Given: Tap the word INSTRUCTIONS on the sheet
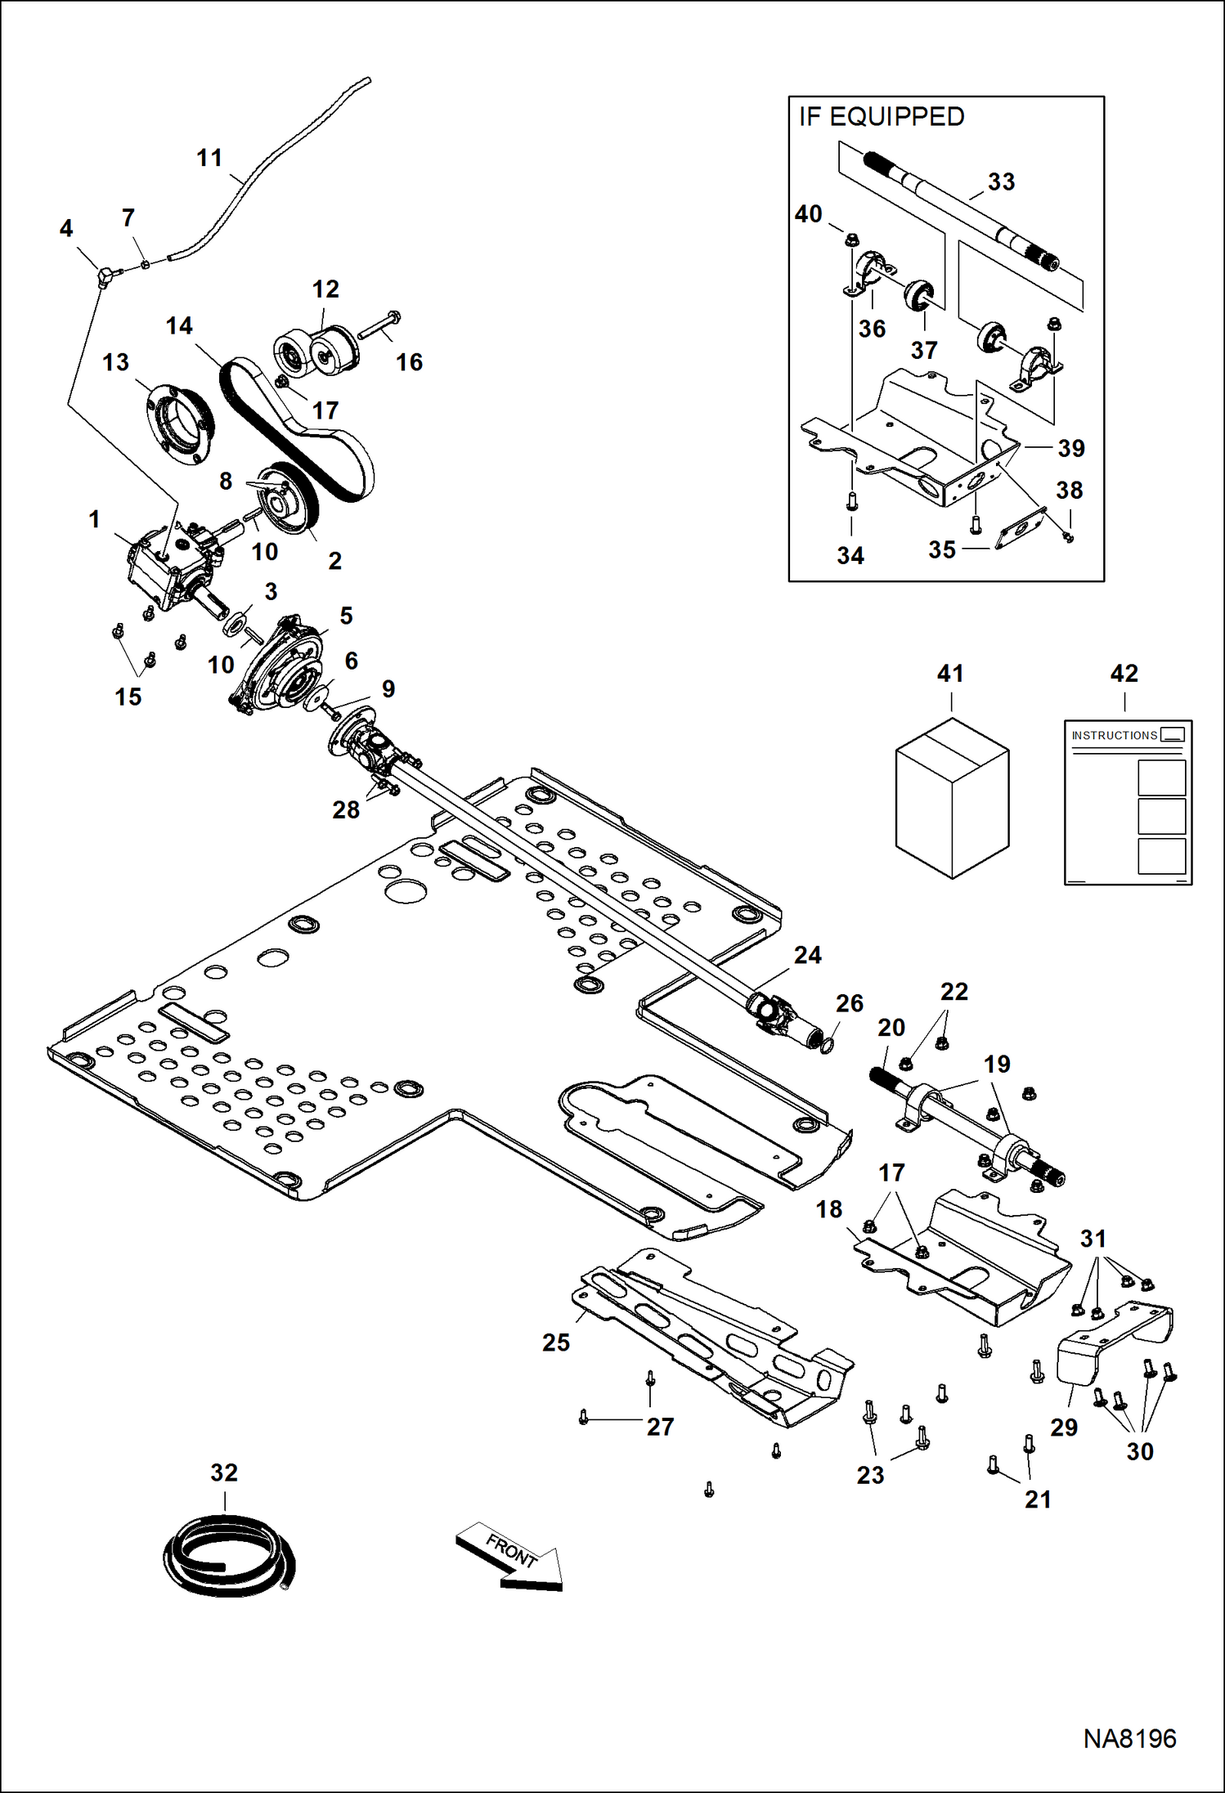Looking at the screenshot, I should click(x=1114, y=736).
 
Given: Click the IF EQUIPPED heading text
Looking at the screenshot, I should click(x=882, y=117).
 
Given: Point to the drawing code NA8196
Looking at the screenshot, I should click(x=1129, y=1738).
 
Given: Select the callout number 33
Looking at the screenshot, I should click(x=1001, y=182).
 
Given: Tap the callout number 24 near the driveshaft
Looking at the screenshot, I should click(x=807, y=955).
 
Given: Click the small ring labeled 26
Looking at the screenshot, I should click(x=826, y=1045).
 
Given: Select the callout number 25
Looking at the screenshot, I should click(x=556, y=1343).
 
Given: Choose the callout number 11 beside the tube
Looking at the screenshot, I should click(x=209, y=158).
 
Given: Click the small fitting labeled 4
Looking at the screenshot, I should click(x=105, y=276).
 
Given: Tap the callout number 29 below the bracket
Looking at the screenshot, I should click(x=1063, y=1428).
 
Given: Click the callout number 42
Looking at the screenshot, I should click(x=1124, y=674).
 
